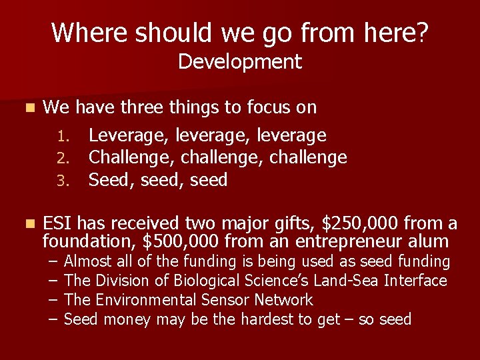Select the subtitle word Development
point(240,62)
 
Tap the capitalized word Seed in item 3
point(111,180)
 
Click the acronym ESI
point(58,223)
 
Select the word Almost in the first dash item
point(88,261)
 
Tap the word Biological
point(201,281)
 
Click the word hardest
point(267,319)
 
